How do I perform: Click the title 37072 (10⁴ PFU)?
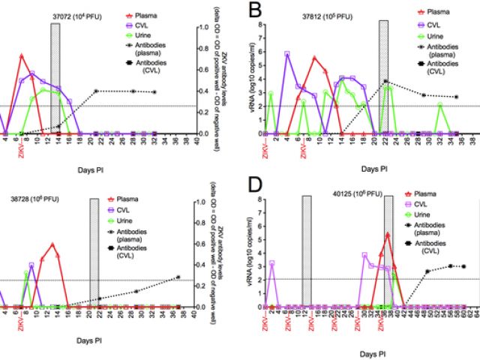69,17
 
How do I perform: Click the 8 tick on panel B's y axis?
260,24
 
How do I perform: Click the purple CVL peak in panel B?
287,53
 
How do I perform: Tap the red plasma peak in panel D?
387,234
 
